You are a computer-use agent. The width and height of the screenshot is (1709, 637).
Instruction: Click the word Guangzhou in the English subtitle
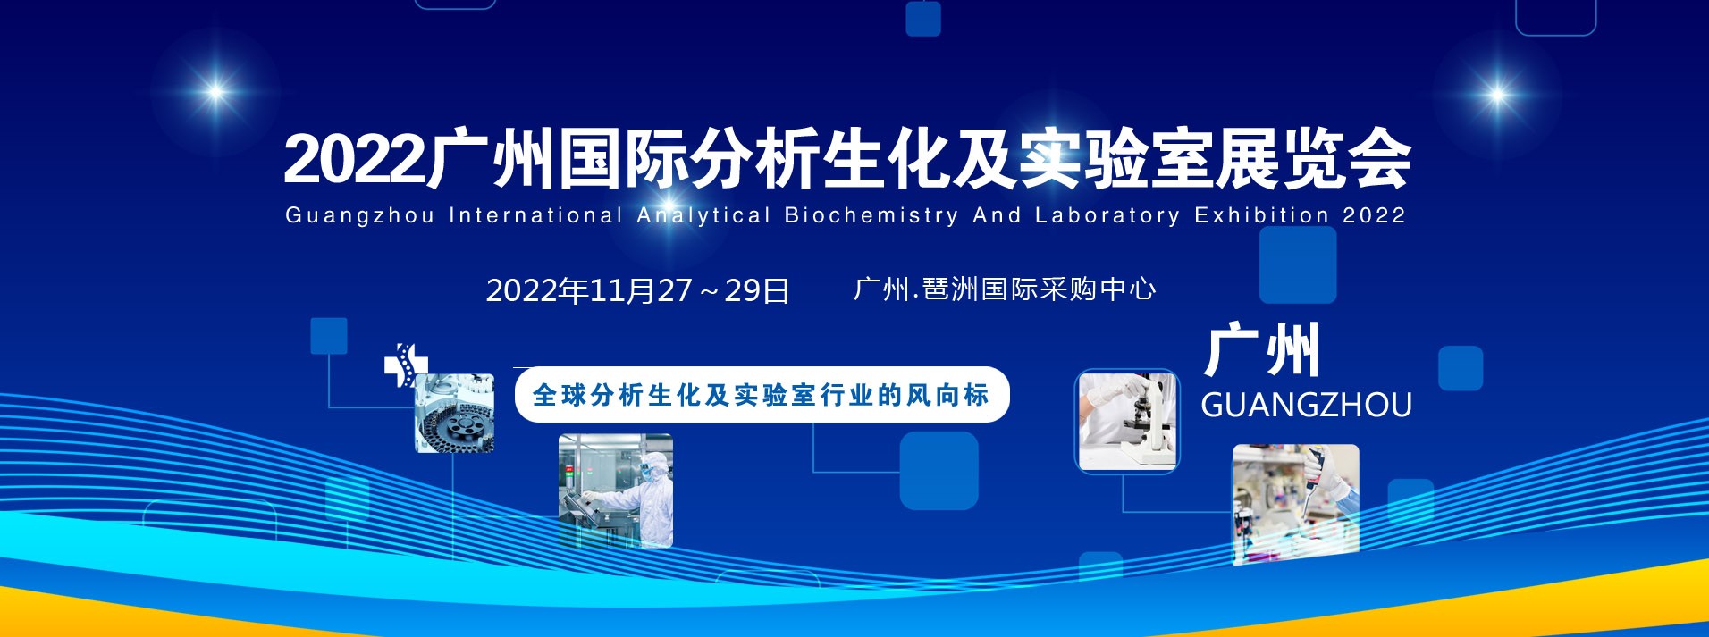(359, 216)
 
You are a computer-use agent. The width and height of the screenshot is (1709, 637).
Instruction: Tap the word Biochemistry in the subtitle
(871, 216)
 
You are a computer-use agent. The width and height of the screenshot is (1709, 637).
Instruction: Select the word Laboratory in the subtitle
(1107, 216)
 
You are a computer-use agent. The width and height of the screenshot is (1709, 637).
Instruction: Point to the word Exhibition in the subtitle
(1262, 215)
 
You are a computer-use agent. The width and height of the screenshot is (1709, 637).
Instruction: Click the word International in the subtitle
(535, 215)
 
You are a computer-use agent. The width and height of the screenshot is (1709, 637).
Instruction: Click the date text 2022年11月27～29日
(637, 290)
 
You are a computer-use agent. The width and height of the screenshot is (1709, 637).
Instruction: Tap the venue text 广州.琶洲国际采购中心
(1005, 289)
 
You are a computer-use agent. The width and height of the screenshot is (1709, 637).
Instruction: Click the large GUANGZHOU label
(1306, 405)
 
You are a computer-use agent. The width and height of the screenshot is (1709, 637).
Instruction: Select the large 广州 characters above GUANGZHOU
(1261, 349)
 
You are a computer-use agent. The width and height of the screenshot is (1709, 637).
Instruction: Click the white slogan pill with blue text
(762, 394)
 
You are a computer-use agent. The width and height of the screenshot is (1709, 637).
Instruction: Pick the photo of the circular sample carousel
(454, 413)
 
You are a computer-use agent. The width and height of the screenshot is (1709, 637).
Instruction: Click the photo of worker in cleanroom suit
(615, 490)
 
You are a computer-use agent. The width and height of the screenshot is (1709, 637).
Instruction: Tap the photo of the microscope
(1127, 421)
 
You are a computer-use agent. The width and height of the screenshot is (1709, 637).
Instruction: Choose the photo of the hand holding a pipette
(1295, 504)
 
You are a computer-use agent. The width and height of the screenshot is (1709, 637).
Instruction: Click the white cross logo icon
(405, 365)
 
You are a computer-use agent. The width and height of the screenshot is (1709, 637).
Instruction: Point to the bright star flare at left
(215, 91)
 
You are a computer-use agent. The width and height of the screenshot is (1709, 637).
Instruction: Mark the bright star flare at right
(1497, 94)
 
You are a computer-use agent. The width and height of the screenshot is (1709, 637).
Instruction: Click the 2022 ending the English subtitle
(1375, 215)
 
